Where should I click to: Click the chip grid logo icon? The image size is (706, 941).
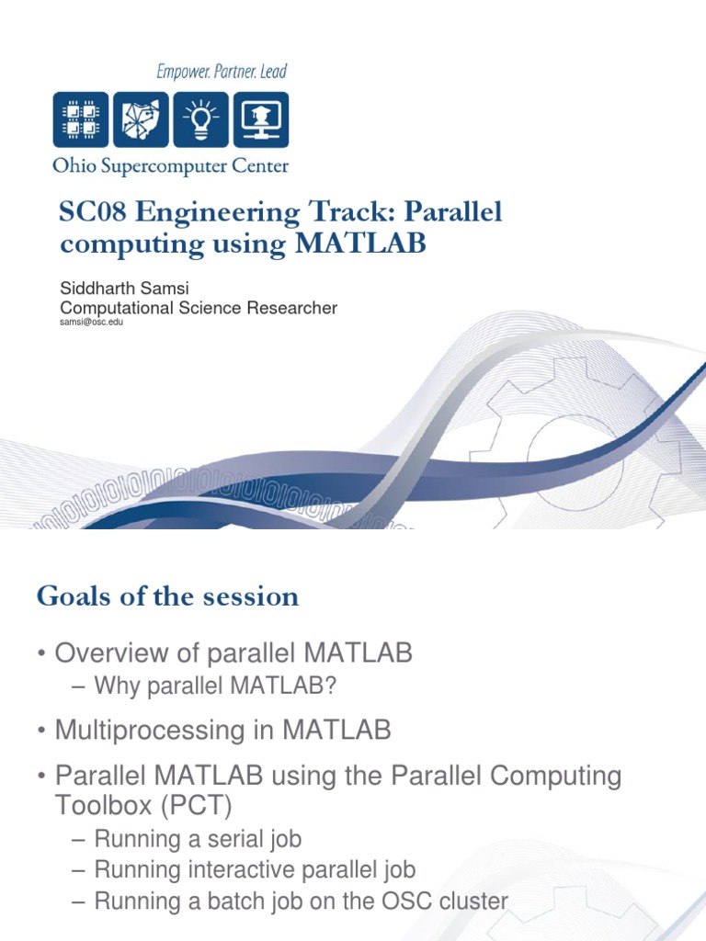pyautogui.click(x=81, y=119)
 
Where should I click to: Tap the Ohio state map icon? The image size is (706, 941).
pyautogui.click(x=141, y=119)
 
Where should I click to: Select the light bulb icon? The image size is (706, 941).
pyautogui.click(x=200, y=119)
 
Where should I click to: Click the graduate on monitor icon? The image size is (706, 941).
pyautogui.click(x=261, y=119)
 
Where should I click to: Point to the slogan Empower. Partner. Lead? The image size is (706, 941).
pyautogui.click(x=222, y=72)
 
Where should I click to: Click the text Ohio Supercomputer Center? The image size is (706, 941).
pyautogui.click(x=170, y=165)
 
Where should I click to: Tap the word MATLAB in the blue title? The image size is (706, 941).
pyautogui.click(x=360, y=243)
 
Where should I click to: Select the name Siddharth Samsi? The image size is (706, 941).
pyautogui.click(x=124, y=288)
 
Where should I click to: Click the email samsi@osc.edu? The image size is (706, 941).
pyautogui.click(x=91, y=322)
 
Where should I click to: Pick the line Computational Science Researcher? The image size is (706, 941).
pyautogui.click(x=199, y=308)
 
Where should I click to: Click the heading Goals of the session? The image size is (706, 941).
pyautogui.click(x=167, y=595)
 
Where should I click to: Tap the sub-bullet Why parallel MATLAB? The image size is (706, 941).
pyautogui.click(x=215, y=686)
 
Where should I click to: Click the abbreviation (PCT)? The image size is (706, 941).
pyautogui.click(x=196, y=805)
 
